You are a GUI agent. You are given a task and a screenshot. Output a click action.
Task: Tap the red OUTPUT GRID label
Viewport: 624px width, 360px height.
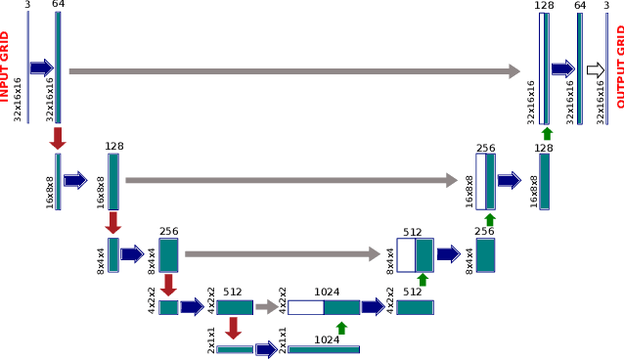618,67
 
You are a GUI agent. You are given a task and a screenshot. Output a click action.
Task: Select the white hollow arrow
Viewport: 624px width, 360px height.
595,69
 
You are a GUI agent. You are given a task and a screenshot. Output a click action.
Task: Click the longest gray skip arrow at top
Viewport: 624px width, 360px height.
293,70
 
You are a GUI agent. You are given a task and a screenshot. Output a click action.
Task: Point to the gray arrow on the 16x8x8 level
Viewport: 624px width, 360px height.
291,180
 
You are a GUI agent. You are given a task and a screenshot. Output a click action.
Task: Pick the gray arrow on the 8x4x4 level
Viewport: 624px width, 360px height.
282,254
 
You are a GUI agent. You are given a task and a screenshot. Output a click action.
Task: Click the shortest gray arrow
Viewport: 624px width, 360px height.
267,307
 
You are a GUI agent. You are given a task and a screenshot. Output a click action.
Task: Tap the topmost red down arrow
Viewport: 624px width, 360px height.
58,137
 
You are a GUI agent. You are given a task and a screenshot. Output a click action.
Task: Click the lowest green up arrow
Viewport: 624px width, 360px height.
340,327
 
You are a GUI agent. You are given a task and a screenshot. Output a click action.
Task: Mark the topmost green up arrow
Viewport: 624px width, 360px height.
547,133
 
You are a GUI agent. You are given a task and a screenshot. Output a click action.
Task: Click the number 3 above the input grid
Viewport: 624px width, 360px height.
27,6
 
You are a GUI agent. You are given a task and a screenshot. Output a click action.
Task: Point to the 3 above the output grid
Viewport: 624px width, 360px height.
606,6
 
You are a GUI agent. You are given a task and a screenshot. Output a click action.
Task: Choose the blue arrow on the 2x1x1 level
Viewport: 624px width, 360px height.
266,349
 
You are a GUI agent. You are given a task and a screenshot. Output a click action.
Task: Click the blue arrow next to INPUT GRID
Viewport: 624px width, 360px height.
41,67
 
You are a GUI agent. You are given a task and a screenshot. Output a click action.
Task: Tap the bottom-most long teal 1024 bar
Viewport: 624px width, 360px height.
323,349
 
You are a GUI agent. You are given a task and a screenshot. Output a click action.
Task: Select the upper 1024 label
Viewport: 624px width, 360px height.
328,292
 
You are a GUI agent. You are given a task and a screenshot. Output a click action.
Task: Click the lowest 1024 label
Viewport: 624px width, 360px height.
328,339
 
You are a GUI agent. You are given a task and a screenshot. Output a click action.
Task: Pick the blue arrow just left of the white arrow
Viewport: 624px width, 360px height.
562,69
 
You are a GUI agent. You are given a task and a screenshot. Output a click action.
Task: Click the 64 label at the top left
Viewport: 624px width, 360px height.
59,6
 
